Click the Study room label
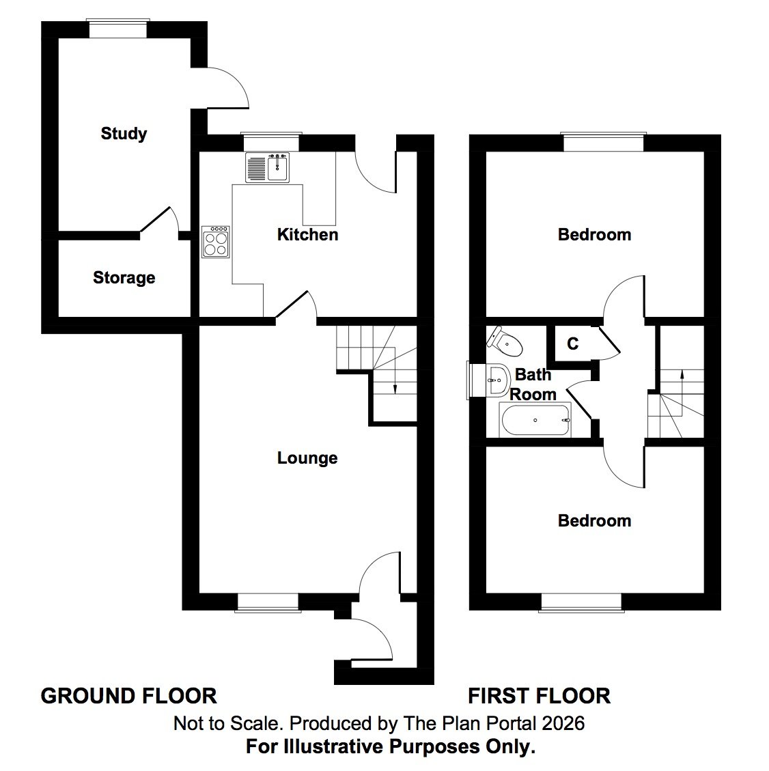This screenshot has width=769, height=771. tap(124, 133)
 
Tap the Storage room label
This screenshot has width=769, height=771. tap(124, 278)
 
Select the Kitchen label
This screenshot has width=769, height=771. tap(307, 235)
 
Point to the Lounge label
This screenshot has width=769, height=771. tap(307, 458)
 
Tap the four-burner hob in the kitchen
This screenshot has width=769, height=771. tap(216, 242)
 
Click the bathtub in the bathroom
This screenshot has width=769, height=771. tap(535, 420)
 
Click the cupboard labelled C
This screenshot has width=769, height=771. tap(572, 344)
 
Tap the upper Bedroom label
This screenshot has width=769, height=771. tap(594, 235)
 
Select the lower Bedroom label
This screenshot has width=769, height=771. tap(594, 521)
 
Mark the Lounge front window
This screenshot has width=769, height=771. tap(268, 601)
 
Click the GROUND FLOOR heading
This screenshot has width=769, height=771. tap(129, 696)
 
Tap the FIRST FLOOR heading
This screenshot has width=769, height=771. tap(539, 696)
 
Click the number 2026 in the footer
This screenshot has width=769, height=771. tap(563, 723)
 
